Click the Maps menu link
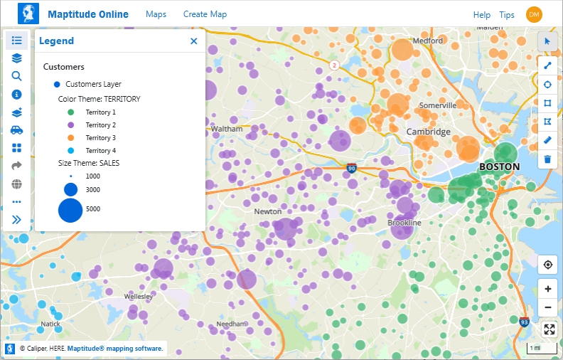pyautogui.click(x=156, y=14)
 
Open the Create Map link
pyautogui.click(x=205, y=14)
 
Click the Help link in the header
pyautogui.click(x=482, y=15)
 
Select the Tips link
pyautogui.click(x=507, y=15)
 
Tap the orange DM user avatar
pyautogui.click(x=534, y=14)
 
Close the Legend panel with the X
pyautogui.click(x=194, y=41)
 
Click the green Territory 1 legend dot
pyautogui.click(x=70, y=112)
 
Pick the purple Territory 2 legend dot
pyautogui.click(x=70, y=125)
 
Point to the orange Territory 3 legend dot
pyautogui.click(x=70, y=138)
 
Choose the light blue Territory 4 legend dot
pyautogui.click(x=70, y=151)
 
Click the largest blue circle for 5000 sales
pyautogui.click(x=70, y=210)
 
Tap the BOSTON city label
pyautogui.click(x=499, y=166)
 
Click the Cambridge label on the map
pyautogui.click(x=428, y=132)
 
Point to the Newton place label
pyautogui.click(x=268, y=211)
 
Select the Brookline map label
pyautogui.click(x=404, y=223)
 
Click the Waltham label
pyautogui.click(x=227, y=129)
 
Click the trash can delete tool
pyautogui.click(x=547, y=159)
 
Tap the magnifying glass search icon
pyautogui.click(x=17, y=76)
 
